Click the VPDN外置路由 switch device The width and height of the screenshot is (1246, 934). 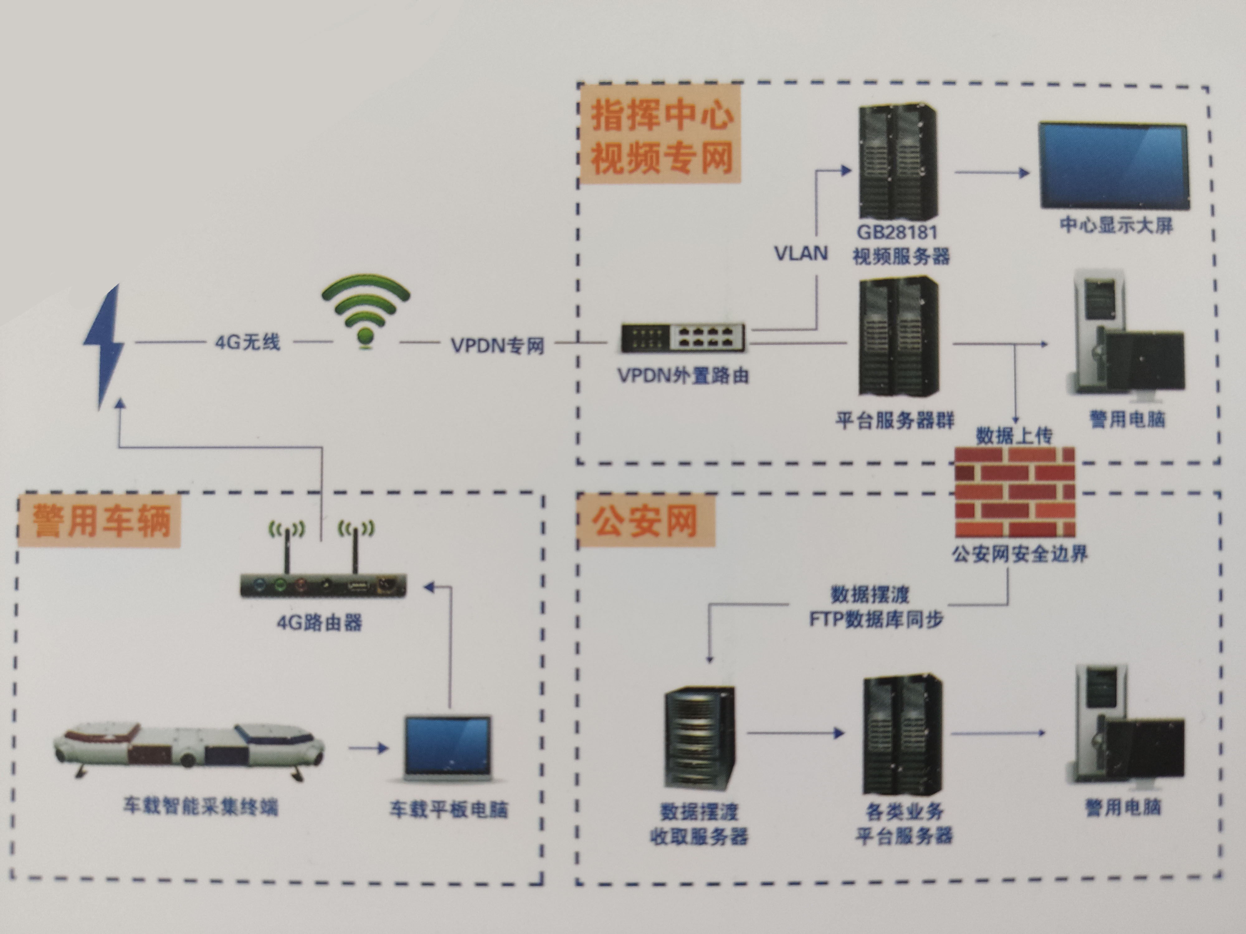[683, 338]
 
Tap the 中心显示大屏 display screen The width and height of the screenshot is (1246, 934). [1114, 166]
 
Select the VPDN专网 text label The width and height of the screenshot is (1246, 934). [497, 345]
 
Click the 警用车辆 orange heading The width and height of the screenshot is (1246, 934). [100, 521]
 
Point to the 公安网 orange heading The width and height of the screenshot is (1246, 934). [645, 521]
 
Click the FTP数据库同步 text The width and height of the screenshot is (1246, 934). [876, 619]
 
